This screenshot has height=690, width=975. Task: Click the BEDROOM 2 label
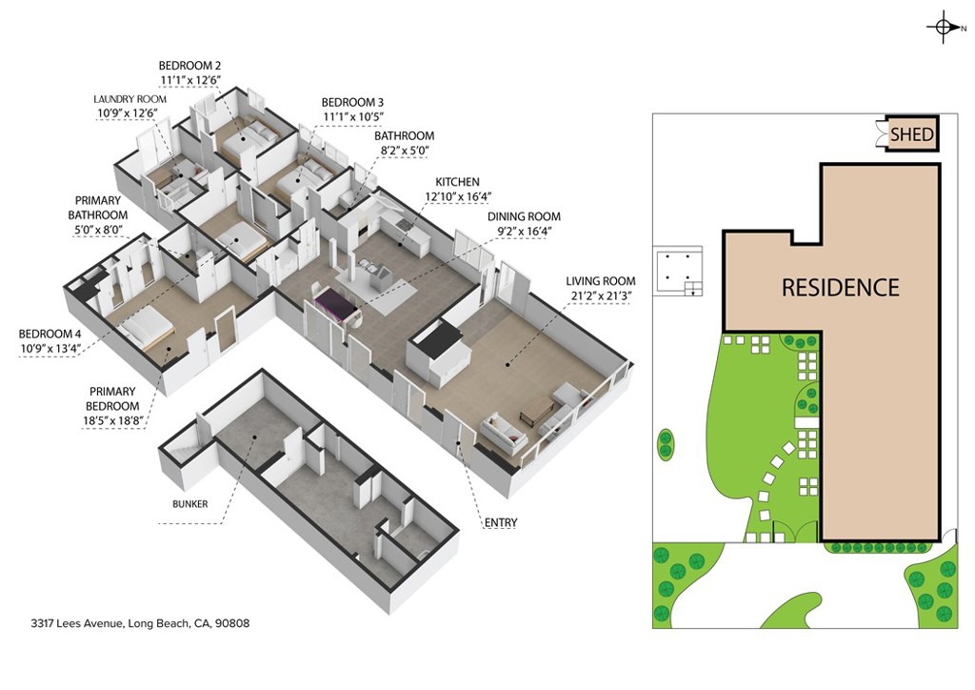(x=189, y=66)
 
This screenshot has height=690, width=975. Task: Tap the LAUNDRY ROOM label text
(x=130, y=99)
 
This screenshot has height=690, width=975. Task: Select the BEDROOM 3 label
(x=352, y=102)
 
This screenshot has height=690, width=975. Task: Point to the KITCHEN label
(x=457, y=182)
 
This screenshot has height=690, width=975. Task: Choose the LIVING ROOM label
(x=600, y=281)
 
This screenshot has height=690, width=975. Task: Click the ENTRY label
(x=501, y=523)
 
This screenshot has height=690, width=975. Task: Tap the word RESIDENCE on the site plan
(x=840, y=287)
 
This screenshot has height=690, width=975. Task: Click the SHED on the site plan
(x=911, y=135)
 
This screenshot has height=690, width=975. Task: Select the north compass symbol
(x=942, y=28)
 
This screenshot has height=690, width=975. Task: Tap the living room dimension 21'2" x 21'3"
(x=600, y=295)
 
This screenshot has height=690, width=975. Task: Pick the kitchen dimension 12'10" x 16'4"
(x=457, y=197)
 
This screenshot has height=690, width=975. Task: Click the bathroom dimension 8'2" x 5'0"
(x=404, y=151)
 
